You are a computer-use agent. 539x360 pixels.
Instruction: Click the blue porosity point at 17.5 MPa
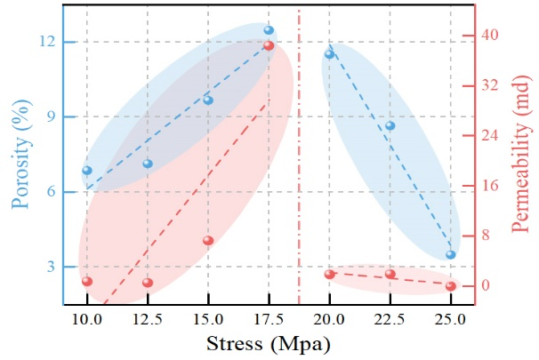(x=269, y=30)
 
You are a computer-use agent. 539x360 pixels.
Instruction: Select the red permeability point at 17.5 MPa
(x=269, y=45)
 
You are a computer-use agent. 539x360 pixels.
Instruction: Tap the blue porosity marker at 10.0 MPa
(x=87, y=170)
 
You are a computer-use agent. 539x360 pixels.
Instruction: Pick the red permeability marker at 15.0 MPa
(x=208, y=240)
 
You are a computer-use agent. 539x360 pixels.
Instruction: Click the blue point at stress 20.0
(x=329, y=54)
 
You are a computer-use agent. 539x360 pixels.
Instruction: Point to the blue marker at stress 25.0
(x=451, y=254)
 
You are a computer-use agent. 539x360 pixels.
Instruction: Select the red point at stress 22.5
(x=390, y=274)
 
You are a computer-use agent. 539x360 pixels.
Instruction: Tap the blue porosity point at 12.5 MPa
(x=148, y=164)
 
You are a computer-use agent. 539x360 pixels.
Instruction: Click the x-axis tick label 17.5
(x=269, y=318)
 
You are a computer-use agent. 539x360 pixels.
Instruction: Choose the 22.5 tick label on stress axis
(x=390, y=318)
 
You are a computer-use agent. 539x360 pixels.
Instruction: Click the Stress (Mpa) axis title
(x=269, y=343)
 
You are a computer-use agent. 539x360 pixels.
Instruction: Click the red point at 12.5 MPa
(x=148, y=283)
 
